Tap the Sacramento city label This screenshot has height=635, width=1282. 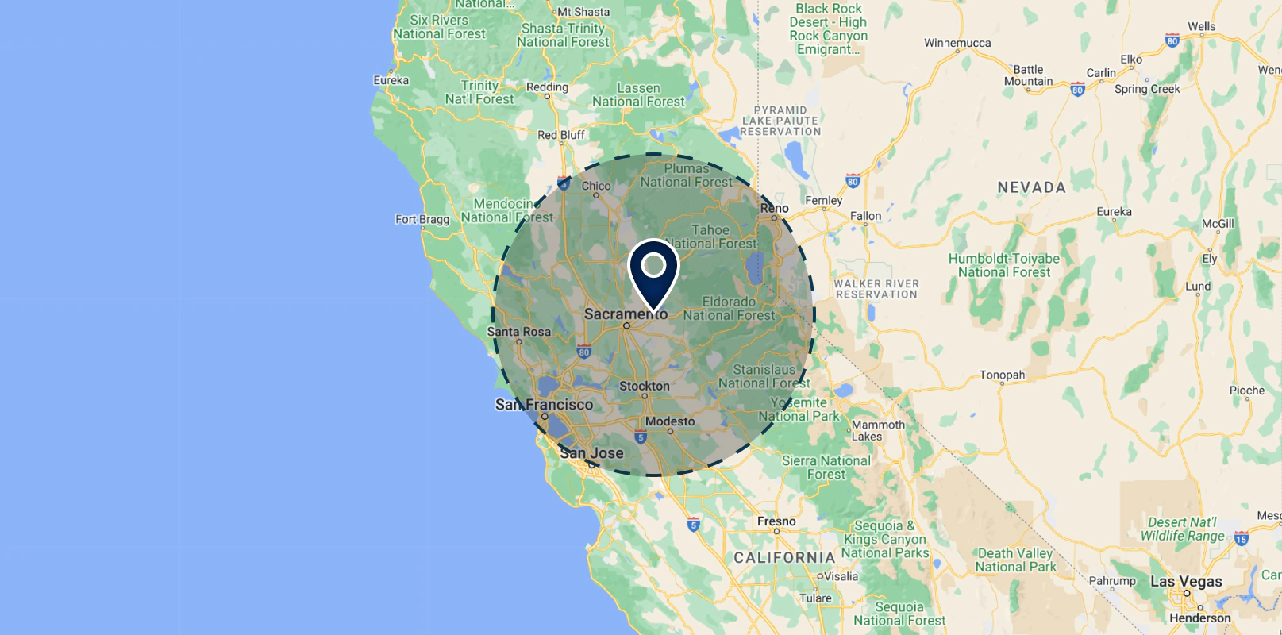tap(626, 314)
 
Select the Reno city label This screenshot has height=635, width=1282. tap(774, 208)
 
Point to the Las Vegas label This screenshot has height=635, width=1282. tap(1186, 581)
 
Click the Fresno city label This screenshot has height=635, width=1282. tap(776, 521)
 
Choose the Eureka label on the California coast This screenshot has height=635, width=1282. tap(391, 80)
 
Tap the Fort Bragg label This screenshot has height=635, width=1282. tap(422, 219)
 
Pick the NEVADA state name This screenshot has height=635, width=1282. tap(1031, 188)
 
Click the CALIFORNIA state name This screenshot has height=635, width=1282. tap(784, 558)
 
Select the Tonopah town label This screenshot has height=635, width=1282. tap(1002, 375)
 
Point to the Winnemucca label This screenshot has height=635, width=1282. tap(957, 43)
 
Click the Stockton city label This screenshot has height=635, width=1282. tap(644, 386)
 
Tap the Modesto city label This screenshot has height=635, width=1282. tap(670, 421)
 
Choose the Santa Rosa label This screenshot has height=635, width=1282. tap(518, 332)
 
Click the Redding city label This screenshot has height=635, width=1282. tap(547, 87)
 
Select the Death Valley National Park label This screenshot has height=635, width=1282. tap(1015, 560)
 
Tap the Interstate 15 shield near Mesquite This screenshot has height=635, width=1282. tap(1242, 540)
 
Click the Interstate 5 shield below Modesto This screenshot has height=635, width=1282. tap(641, 437)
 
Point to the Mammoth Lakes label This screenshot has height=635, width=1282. tap(877, 430)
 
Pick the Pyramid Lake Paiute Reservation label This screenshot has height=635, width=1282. tap(780, 121)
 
